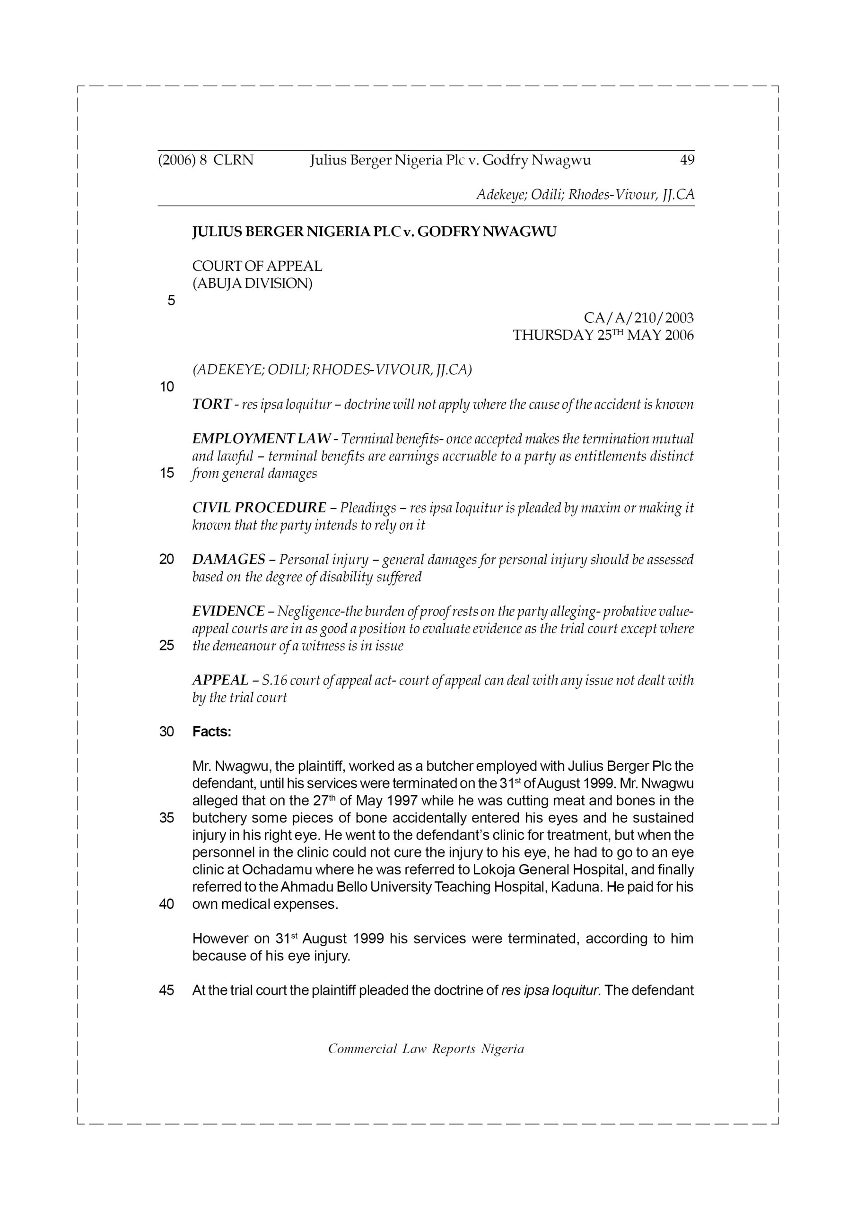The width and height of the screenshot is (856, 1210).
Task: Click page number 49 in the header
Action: point(687,160)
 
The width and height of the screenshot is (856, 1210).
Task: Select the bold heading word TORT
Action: point(211,404)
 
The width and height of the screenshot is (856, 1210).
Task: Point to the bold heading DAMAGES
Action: point(228,559)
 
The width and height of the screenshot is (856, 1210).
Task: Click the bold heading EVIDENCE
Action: point(228,611)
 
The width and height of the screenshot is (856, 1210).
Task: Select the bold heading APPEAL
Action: point(220,680)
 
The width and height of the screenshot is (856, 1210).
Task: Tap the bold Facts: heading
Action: point(211,732)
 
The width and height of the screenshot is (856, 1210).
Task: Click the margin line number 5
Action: point(171,301)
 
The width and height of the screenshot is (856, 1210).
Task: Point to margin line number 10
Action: point(166,388)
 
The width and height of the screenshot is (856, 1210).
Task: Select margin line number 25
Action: point(166,646)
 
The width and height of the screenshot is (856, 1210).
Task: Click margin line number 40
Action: point(166,904)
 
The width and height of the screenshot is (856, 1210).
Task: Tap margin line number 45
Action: point(166,990)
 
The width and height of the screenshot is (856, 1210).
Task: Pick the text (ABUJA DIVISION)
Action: point(252,284)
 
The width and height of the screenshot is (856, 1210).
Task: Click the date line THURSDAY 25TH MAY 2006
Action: point(603,335)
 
